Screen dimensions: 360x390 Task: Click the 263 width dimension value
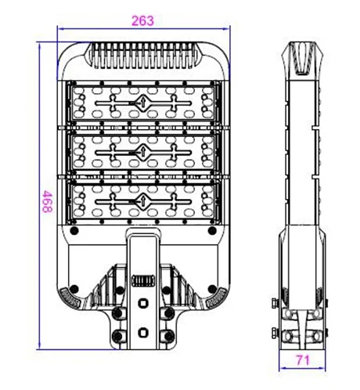click(142, 21)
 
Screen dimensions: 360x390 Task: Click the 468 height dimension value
click(48, 201)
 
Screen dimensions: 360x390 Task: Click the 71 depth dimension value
click(303, 360)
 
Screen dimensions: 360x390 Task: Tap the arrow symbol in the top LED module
click(143, 103)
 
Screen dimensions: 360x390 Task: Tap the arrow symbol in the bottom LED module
click(143, 201)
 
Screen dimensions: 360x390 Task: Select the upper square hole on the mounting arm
click(143, 303)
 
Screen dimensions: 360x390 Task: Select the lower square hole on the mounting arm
click(143, 332)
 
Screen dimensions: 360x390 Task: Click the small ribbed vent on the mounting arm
click(143, 281)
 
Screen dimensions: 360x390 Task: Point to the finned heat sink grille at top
click(143, 56)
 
